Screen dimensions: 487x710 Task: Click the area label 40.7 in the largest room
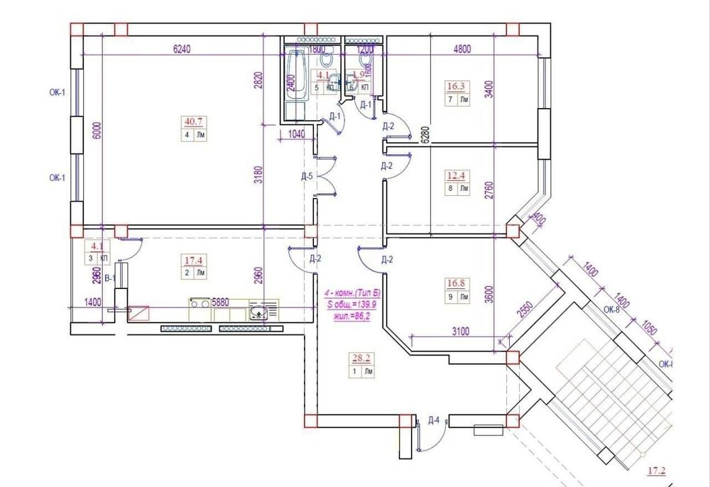click(191, 121)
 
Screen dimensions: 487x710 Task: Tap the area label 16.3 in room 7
click(456, 87)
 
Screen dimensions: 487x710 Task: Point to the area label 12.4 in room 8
click(456, 175)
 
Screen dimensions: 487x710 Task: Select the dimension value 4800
click(463, 50)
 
